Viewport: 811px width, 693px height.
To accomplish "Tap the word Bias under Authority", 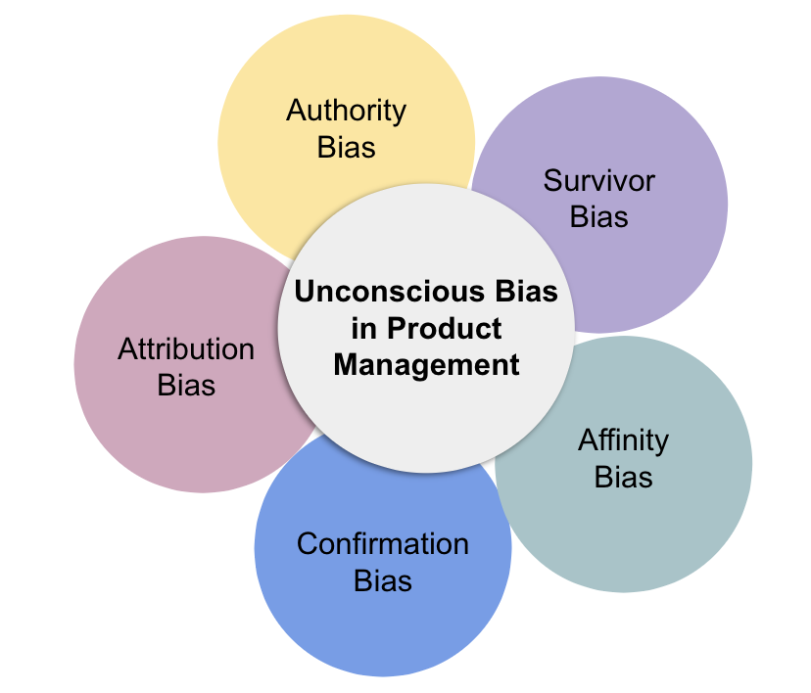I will tap(346, 148).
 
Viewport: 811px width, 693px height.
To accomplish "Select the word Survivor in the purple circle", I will tap(598, 180).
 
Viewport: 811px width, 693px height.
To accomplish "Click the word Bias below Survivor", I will tap(598, 216).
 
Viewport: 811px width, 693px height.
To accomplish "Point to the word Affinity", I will tap(623, 440).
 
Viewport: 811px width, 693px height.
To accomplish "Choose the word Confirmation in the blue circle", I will tap(382, 544).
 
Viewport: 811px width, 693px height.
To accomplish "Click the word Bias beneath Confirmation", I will tap(382, 580).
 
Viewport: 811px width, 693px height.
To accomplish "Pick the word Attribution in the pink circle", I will tap(186, 349).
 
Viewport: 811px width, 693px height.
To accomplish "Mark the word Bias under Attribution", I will tap(186, 386).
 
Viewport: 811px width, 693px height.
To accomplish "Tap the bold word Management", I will tap(426, 365).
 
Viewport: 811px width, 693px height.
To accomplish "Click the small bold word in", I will tap(365, 329).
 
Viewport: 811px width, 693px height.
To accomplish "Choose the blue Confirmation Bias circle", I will tap(382, 626).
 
